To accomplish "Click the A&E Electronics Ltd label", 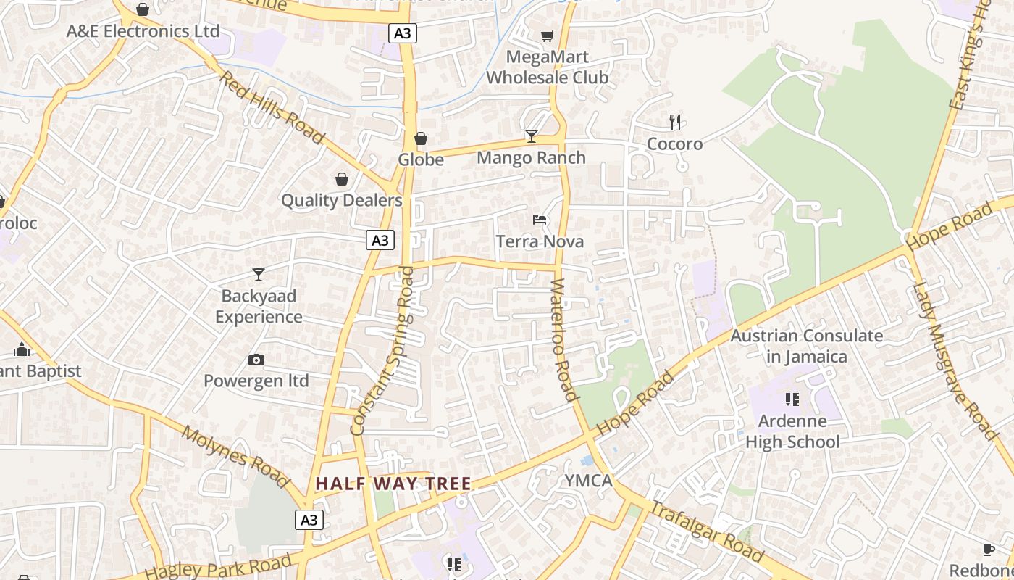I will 143,31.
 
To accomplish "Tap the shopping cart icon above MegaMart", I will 548,36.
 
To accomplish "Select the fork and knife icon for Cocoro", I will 675,122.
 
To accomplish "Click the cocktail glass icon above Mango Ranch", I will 532,136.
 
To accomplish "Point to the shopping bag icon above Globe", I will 421,138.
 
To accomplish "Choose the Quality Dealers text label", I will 341,200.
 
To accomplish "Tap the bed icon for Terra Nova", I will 540,220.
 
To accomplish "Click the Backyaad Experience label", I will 259,307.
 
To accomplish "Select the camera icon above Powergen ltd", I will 256,360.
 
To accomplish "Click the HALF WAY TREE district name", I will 393,484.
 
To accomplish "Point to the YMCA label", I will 588,481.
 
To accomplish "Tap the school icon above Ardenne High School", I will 792,399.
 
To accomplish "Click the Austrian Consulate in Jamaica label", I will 806,346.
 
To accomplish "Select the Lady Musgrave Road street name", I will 955,360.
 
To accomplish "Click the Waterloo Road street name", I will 563,339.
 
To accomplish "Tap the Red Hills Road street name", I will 272,107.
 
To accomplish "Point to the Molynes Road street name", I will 235,455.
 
